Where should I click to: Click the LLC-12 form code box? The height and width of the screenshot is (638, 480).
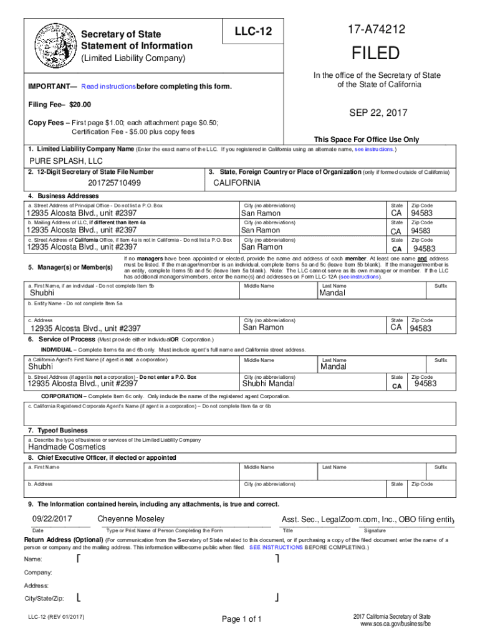tap(253, 32)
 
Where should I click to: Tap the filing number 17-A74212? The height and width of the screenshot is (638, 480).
tap(378, 29)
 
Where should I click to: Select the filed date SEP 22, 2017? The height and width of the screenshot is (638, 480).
tap(378, 113)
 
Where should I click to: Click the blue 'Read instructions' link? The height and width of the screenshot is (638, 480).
tap(108, 86)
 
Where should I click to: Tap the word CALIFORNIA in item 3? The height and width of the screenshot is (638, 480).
tap(237, 183)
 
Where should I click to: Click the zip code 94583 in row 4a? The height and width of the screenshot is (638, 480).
tap(421, 213)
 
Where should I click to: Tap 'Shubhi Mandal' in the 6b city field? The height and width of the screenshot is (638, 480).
tap(268, 384)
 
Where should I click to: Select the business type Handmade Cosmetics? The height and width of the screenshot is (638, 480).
tap(67, 447)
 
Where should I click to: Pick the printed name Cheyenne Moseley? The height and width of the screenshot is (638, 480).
tap(131, 519)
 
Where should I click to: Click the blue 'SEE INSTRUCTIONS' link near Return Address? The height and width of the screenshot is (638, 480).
tap(276, 547)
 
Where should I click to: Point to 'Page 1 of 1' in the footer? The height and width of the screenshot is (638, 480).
tap(242, 619)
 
